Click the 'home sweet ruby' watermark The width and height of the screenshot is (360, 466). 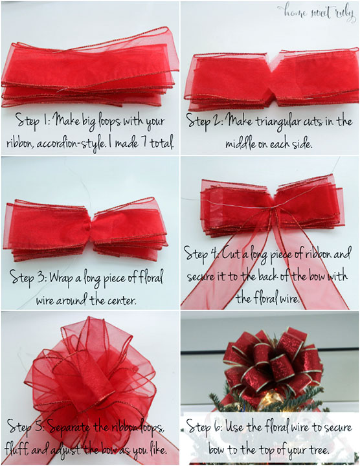tap(318, 12)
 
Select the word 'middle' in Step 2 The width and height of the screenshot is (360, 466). tap(244, 141)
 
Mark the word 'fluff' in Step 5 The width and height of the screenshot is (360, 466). tap(23, 449)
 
